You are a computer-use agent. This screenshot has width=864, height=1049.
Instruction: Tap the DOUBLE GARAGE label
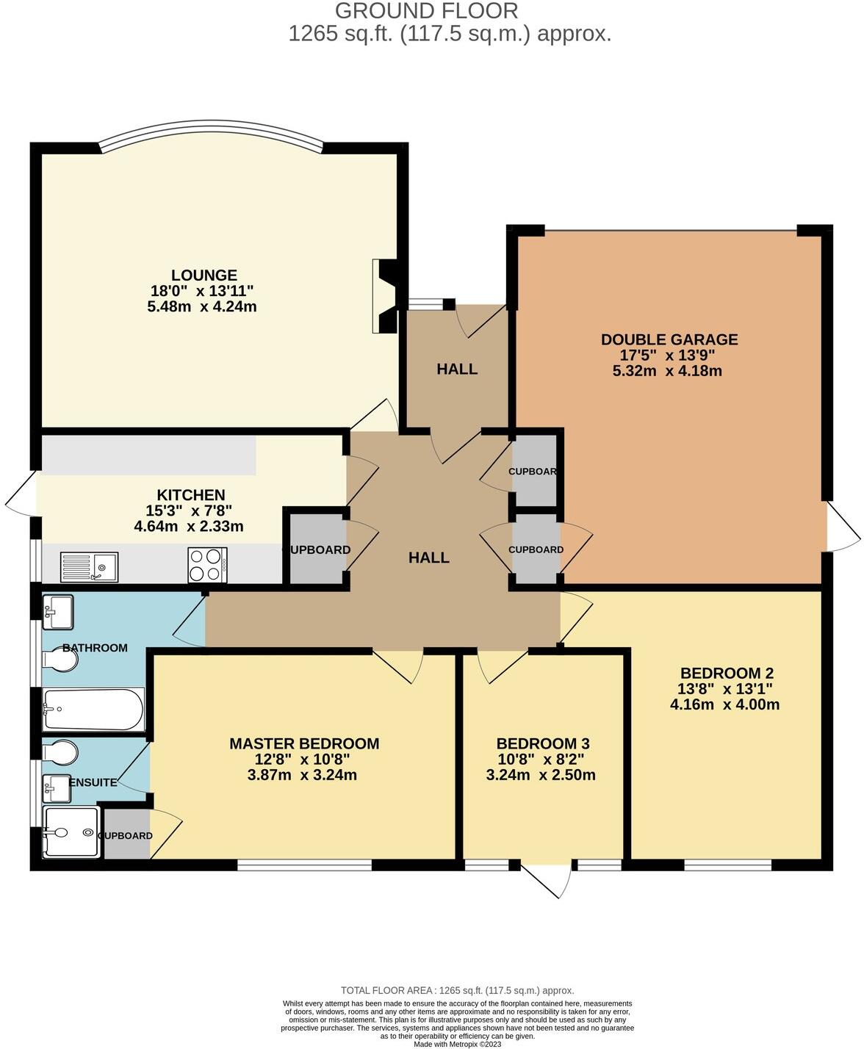(669, 339)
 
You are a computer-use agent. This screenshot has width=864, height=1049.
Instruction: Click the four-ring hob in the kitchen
(207, 566)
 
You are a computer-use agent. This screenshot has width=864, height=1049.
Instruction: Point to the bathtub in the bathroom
(93, 710)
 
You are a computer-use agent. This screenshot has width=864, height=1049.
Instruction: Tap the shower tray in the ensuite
(71, 832)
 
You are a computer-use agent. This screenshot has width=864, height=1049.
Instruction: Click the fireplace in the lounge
(385, 296)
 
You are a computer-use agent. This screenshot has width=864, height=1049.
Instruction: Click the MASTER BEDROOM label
(304, 743)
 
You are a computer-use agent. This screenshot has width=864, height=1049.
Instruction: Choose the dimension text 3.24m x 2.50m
(541, 775)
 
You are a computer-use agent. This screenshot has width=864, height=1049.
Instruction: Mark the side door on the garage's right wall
(843, 527)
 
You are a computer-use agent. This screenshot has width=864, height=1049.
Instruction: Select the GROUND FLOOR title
(426, 11)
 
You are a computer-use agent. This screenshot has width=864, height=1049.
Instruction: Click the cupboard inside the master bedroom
(126, 835)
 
